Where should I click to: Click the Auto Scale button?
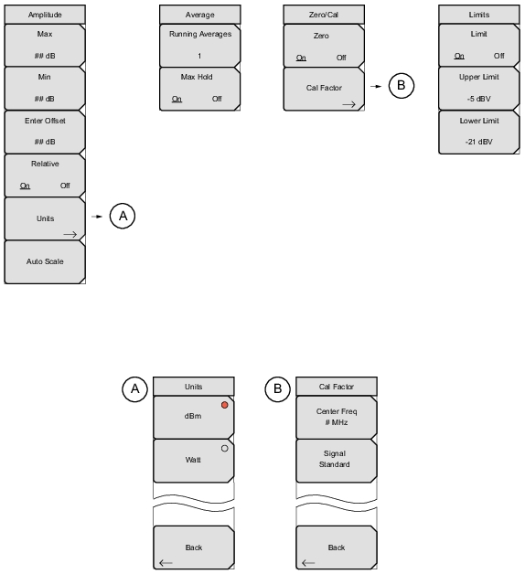click(45, 261)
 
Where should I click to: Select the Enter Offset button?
click(45, 132)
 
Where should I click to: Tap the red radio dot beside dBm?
click(225, 405)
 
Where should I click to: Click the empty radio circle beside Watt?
click(225, 449)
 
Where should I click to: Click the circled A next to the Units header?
click(134, 388)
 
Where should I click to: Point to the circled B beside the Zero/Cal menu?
click(402, 86)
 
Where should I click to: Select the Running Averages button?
click(200, 46)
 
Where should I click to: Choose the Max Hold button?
click(200, 89)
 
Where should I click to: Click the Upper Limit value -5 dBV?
click(479, 99)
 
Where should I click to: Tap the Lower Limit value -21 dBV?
click(479, 142)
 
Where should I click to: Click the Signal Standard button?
click(337, 461)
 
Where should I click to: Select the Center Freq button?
click(337, 418)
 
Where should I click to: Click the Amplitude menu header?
click(45, 15)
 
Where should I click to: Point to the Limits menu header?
click(479, 15)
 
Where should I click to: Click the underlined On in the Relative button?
click(25, 186)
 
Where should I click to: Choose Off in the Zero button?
click(341, 58)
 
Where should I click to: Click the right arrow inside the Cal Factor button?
click(348, 105)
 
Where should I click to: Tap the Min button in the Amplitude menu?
click(45, 89)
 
